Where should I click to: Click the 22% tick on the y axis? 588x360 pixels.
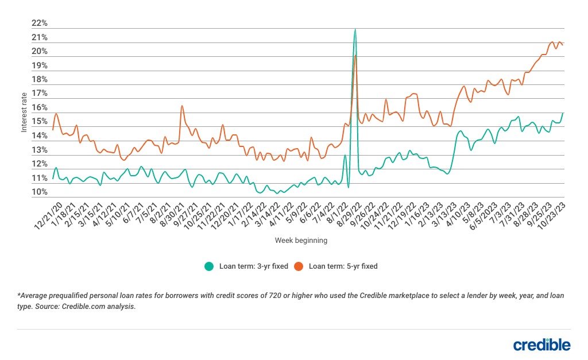40,24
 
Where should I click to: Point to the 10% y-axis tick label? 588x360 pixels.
40,192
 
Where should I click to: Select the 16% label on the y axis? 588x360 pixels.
40,108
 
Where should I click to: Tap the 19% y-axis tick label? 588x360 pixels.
40,65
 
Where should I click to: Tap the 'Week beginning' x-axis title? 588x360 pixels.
301,240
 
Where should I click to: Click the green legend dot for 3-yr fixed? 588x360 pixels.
209,266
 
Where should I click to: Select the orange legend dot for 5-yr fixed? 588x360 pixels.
299,266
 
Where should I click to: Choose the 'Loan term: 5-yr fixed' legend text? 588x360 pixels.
343,266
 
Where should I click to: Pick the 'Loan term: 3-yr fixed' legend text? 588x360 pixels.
253,266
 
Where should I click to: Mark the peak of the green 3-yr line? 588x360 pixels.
355,29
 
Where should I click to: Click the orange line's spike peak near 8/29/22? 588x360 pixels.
356,55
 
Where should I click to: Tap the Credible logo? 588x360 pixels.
541,344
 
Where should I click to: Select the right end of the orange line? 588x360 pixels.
563,44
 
